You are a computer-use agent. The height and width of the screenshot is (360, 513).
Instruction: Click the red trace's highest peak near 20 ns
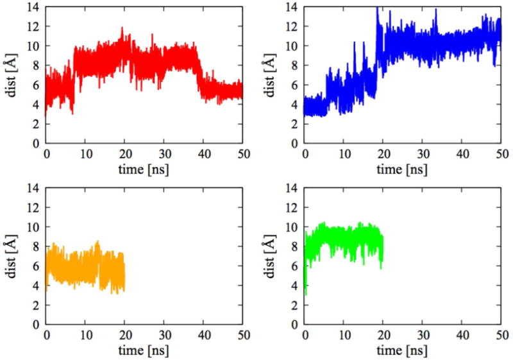click(x=122, y=28)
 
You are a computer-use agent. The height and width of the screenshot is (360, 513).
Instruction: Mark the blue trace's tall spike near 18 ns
click(x=377, y=8)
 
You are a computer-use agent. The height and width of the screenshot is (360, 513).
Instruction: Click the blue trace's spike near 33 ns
click(x=436, y=10)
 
